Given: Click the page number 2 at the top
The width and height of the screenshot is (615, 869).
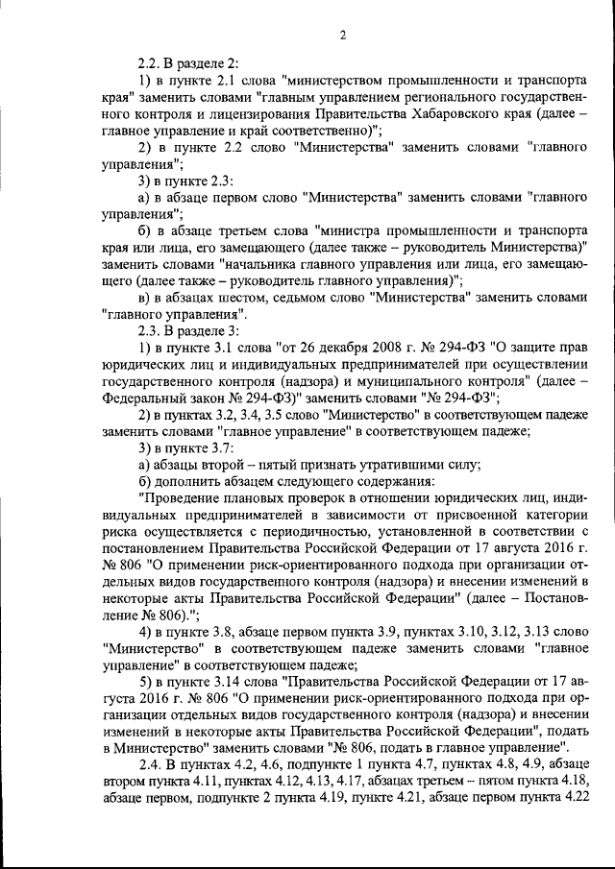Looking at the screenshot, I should (343, 36).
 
